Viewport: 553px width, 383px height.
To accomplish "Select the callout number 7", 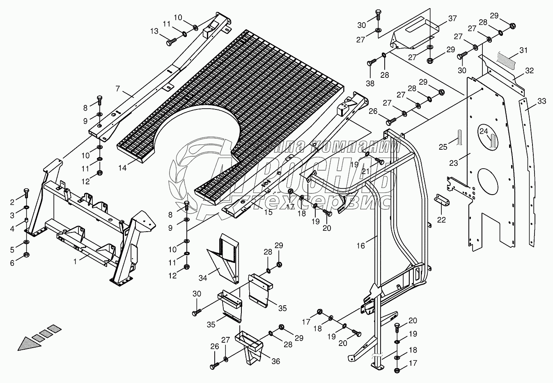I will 118,89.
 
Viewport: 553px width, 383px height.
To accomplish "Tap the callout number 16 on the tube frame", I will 360,246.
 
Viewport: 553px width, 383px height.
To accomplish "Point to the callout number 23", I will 453,163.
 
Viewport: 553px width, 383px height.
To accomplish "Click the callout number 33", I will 542,101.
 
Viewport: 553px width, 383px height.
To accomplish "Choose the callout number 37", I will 452,19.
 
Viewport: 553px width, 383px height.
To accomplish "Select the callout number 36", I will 275,361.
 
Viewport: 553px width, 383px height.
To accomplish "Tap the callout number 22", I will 441,220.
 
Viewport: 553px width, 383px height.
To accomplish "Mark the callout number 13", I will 154,32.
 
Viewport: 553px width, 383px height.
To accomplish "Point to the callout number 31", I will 523,51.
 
